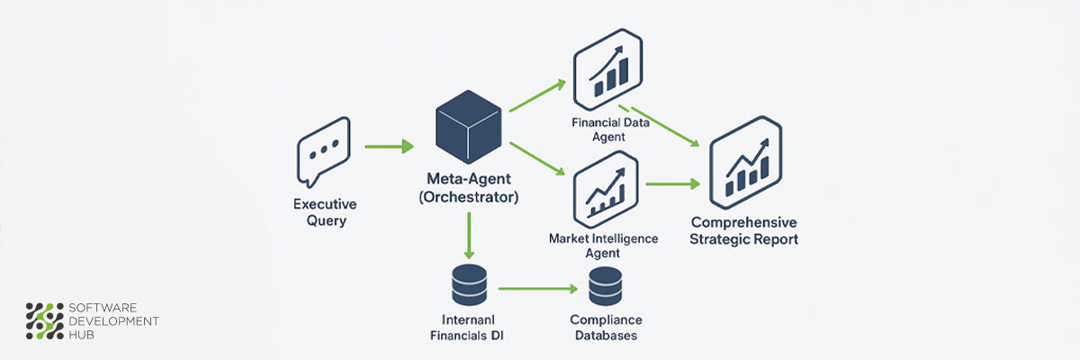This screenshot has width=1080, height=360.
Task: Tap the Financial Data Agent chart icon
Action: pos(607,65)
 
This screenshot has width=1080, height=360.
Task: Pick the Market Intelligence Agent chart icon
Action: pos(606,190)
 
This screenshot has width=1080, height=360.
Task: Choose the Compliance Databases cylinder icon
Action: pos(606,288)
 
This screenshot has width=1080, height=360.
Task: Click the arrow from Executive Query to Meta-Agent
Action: pos(389,146)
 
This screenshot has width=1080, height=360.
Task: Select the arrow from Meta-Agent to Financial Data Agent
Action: pos(537,96)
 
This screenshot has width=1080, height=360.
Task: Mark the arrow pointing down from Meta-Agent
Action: pos(468,240)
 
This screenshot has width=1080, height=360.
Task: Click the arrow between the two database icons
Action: pos(537,290)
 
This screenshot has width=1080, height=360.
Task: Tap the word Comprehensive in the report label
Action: pos(743,222)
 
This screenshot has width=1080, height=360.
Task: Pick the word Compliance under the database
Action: pos(606,319)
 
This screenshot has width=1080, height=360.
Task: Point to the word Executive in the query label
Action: pos(324,204)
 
